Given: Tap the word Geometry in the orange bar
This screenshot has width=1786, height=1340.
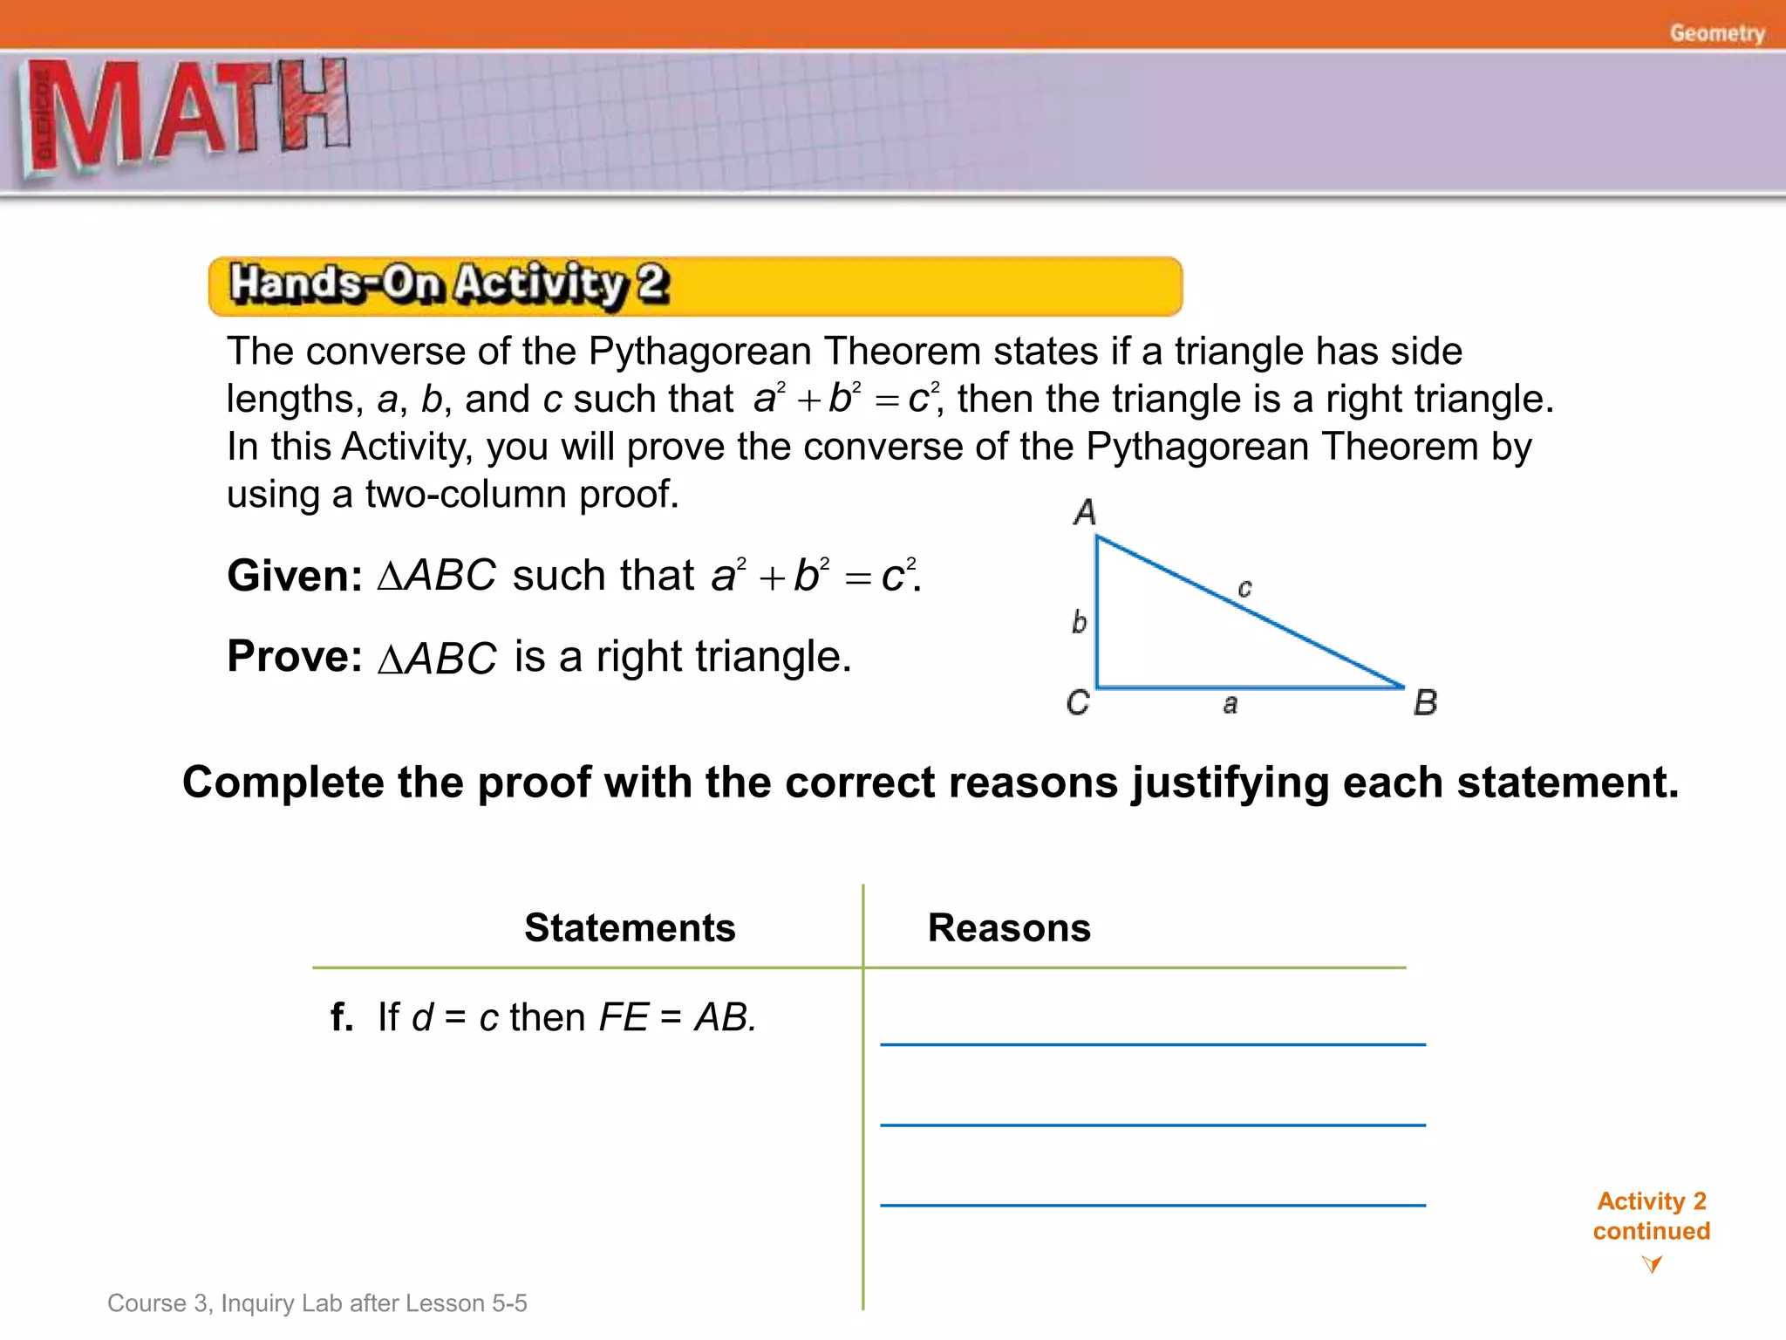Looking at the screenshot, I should [1716, 33].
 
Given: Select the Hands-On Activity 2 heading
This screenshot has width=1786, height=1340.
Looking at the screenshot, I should [449, 284].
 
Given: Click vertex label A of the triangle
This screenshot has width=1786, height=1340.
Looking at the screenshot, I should [1084, 512].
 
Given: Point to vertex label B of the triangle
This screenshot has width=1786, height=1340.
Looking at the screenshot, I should [1425, 702].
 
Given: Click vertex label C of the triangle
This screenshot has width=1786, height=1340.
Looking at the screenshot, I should [1078, 702].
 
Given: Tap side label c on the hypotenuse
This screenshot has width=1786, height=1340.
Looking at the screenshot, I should [1244, 589].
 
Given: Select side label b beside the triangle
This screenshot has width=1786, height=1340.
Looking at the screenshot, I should [1079, 622].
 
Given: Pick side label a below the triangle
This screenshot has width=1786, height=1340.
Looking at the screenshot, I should [1230, 704].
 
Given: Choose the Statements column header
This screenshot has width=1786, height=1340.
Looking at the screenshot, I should [630, 927].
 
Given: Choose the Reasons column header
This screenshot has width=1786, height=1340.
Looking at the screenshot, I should [1009, 927].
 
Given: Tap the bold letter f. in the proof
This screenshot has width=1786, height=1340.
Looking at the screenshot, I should [342, 1017].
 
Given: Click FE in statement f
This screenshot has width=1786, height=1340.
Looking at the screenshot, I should [623, 1017].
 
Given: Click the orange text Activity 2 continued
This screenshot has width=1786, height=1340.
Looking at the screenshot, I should [1651, 1216].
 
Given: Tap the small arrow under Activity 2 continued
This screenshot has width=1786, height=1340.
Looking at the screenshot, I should [1651, 1263].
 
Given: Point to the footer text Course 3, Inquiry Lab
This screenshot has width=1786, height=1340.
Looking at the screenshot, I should [317, 1302].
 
